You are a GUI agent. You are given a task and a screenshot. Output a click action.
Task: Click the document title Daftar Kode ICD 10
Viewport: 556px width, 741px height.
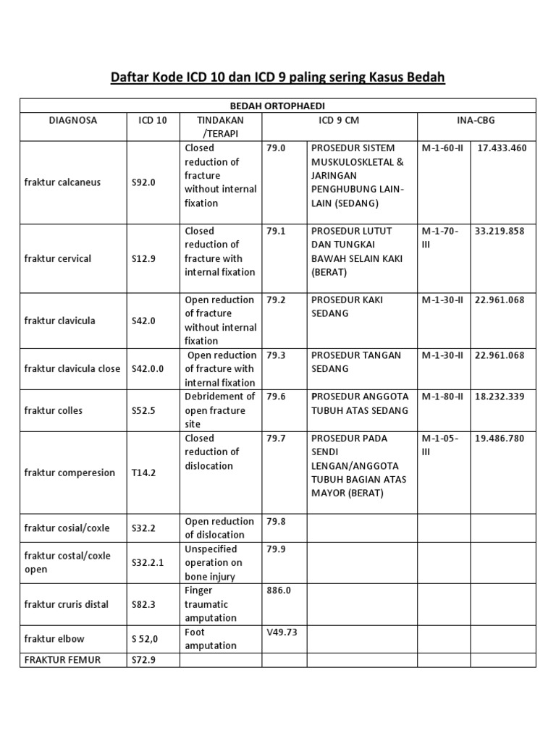click(277, 77)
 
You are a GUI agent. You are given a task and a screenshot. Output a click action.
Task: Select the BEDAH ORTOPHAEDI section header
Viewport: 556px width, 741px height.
click(278, 106)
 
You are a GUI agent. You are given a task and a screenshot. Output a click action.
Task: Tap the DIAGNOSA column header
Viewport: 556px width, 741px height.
click(73, 119)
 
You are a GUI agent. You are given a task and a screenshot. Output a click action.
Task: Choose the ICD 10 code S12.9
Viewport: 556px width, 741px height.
click(143, 258)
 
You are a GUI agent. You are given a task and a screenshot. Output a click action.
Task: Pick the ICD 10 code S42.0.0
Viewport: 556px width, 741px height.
click(148, 368)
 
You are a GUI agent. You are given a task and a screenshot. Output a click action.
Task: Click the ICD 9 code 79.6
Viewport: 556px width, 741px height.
click(276, 397)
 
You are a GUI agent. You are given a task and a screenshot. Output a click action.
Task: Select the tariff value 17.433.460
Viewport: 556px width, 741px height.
click(502, 148)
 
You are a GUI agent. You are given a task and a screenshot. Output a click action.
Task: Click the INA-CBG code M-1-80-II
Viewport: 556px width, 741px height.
click(442, 397)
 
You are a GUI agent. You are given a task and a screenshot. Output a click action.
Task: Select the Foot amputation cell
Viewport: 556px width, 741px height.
click(211, 638)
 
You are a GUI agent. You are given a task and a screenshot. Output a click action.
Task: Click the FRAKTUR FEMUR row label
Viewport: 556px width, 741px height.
click(62, 659)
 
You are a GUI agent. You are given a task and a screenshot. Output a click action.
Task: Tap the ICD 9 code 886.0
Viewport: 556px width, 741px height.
click(279, 590)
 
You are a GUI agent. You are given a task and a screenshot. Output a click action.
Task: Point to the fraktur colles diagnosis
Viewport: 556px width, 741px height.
click(54, 410)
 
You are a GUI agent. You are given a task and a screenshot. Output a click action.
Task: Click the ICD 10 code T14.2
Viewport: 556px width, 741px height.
click(143, 473)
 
